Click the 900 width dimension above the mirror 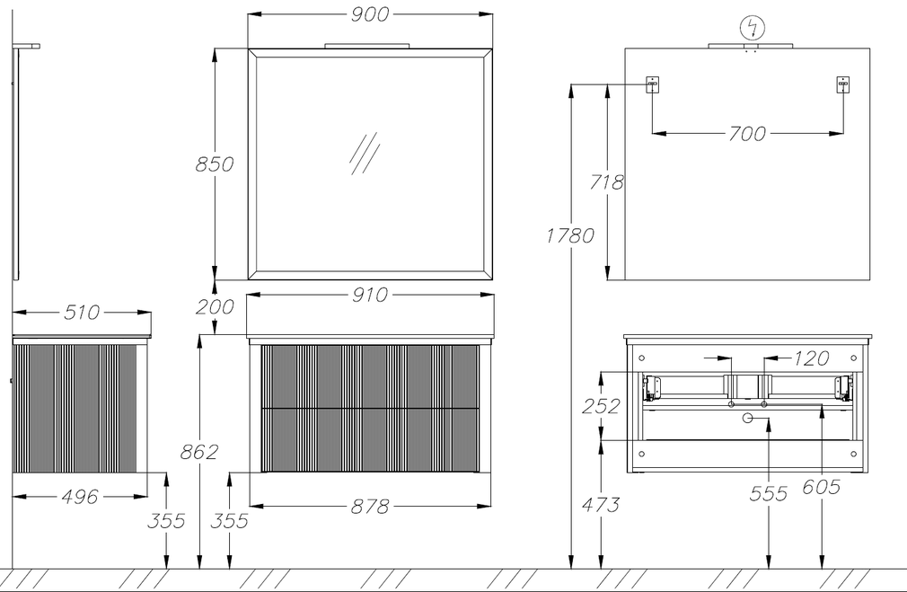[370, 14]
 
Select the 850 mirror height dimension [214, 164]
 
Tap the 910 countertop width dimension [370, 296]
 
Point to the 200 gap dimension [215, 306]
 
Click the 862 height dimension [199, 451]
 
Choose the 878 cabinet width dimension [370, 507]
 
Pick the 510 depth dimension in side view [82, 313]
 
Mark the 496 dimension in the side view [80, 497]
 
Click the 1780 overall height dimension [570, 235]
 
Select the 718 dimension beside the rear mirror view [607, 182]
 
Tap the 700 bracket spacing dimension [747, 134]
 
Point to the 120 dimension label [812, 358]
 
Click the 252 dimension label [601, 406]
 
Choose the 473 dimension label [601, 505]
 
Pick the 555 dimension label [768, 493]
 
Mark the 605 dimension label [821, 487]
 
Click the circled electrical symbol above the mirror [752, 28]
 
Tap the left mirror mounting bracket [653, 85]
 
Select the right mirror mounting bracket [843, 85]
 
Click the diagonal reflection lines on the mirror [365, 154]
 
